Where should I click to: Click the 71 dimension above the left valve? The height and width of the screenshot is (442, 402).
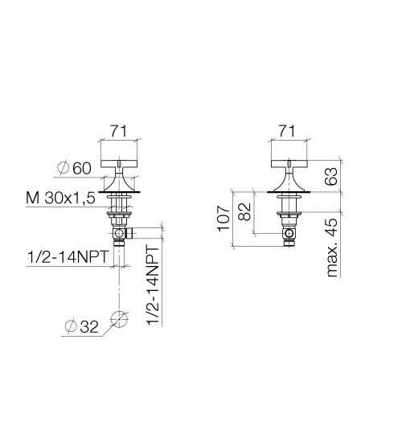click(118, 131)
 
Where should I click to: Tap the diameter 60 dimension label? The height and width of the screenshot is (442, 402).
click(74, 169)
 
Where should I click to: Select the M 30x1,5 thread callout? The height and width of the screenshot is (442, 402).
click(60, 198)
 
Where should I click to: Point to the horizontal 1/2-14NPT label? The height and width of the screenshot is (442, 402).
click(68, 257)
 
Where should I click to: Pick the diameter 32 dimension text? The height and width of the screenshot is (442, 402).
click(81, 327)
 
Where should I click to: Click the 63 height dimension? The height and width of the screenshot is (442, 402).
click(332, 176)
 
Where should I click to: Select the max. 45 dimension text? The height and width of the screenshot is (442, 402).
click(332, 248)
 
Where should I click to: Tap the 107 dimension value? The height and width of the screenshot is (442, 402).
click(224, 219)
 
